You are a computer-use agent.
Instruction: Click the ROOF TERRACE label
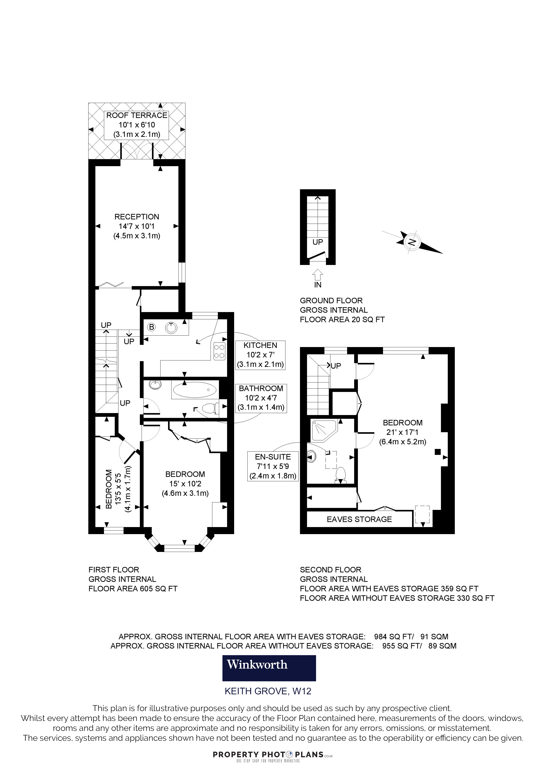click(137, 115)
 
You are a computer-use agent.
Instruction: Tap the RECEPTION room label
click(137, 217)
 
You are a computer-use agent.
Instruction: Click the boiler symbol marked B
click(152, 327)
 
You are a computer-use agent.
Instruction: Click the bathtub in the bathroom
click(195, 390)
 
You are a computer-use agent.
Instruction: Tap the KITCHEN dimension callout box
click(260, 355)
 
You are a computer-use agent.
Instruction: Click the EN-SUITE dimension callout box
click(273, 466)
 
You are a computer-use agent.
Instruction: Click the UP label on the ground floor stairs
click(318, 242)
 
